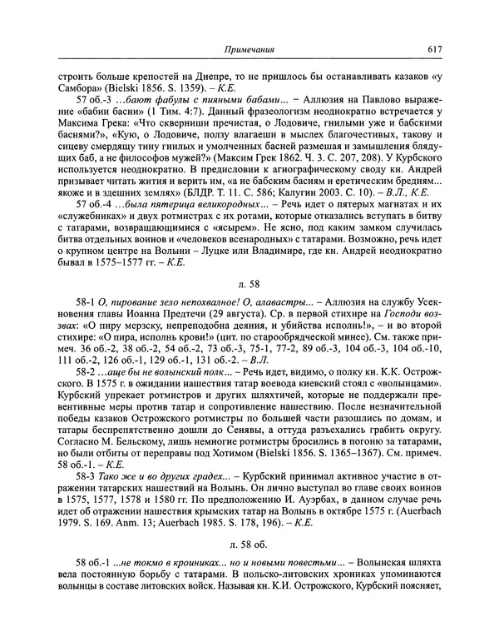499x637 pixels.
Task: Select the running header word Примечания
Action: [250, 50]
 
